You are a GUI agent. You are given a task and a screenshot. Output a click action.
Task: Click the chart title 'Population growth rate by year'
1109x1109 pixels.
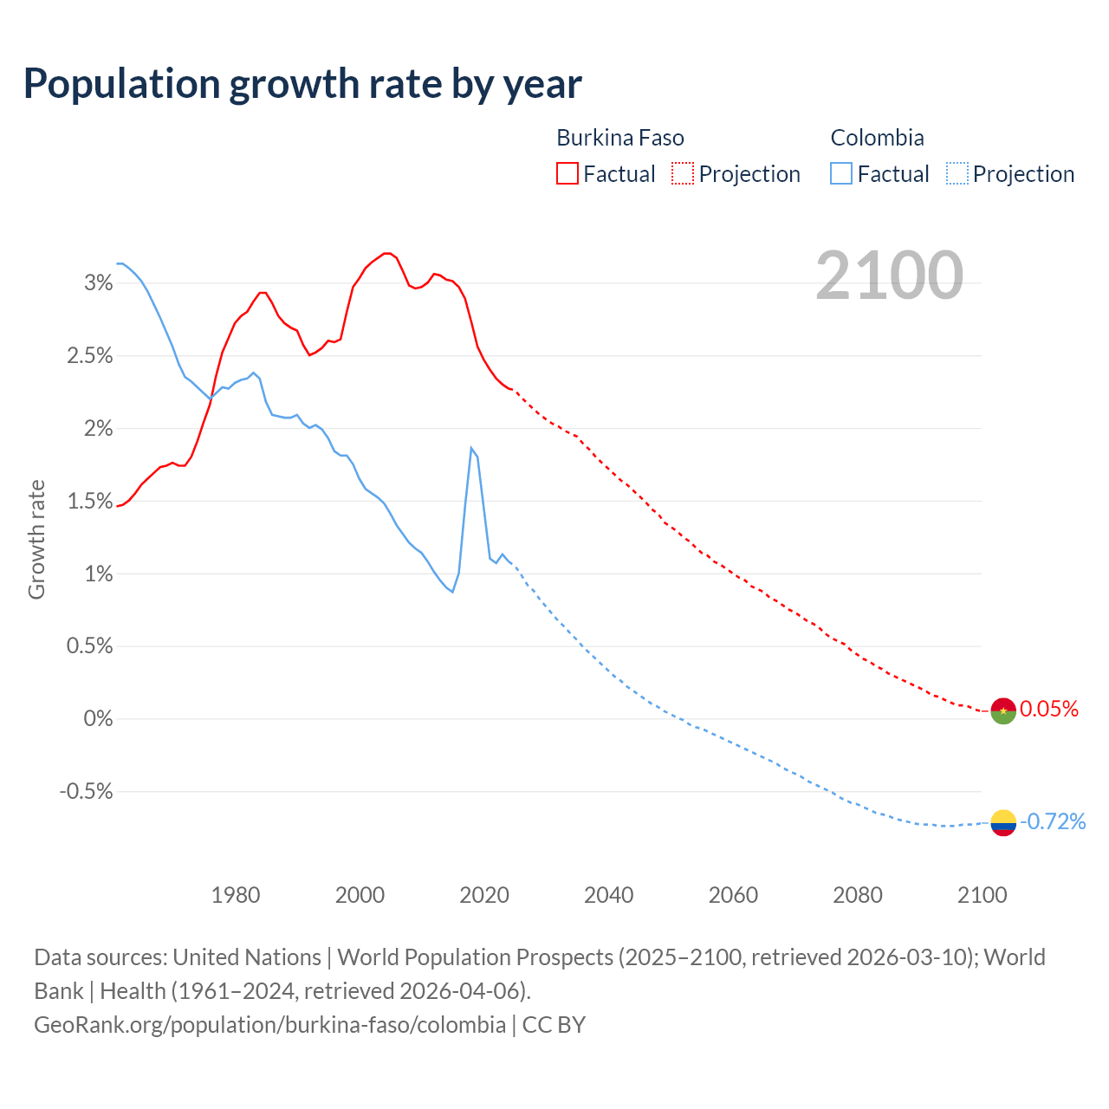coord(302,84)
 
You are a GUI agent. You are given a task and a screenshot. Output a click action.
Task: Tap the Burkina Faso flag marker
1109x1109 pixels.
coord(1002,710)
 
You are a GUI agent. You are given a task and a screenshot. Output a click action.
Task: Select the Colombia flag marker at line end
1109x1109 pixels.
coord(1002,822)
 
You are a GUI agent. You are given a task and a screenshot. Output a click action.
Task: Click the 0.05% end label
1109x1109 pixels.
coord(1049,710)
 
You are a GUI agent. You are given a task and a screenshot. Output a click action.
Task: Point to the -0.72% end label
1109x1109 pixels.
coord(1053,821)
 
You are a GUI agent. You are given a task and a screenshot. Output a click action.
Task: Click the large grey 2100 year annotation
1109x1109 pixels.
coord(889,276)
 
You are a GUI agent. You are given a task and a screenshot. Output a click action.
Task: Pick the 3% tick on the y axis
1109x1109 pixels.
coord(99,283)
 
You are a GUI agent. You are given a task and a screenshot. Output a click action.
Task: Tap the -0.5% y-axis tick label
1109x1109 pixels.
coord(87,792)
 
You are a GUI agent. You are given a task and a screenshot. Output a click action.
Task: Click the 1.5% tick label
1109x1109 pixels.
coord(90,502)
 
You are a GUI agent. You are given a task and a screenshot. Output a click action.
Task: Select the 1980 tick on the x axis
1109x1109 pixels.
coord(236,895)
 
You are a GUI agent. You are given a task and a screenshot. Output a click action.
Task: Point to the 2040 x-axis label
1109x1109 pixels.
coord(608,895)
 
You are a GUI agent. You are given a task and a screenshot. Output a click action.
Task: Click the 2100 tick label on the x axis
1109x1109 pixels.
coord(982,895)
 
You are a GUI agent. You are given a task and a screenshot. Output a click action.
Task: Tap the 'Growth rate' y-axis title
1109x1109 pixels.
coord(36,539)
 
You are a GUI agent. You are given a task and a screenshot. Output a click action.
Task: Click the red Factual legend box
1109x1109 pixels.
coord(567,174)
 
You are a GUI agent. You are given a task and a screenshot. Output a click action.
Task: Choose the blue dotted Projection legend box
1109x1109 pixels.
coord(957,174)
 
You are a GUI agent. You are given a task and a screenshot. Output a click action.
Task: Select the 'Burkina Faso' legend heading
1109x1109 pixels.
coord(619,138)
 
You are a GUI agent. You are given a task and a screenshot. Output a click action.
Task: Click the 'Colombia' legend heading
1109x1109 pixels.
coord(877,138)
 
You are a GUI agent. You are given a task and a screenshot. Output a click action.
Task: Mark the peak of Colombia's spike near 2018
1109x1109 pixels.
coord(471,448)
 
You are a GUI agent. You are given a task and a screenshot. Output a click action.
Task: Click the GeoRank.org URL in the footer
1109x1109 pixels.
coord(269,1025)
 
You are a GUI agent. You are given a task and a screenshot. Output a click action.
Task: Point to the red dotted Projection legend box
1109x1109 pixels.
coord(683,174)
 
